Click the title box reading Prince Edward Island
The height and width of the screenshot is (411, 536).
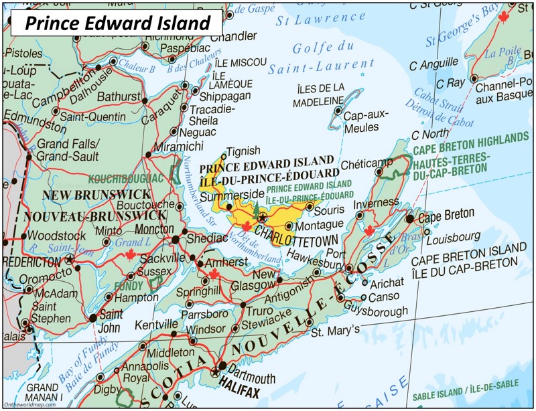[x=118, y=23]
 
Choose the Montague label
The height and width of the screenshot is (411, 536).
[x=319, y=226]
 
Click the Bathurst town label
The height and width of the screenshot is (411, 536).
[x=118, y=97]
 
